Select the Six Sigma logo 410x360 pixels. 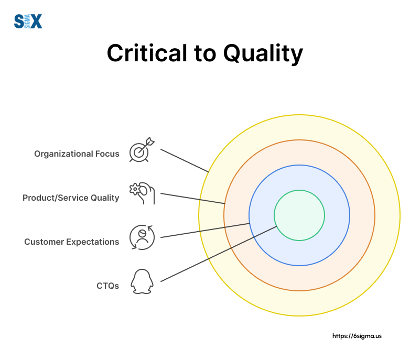(x=28, y=21)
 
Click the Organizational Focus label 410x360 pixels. (x=77, y=154)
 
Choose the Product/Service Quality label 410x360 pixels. (x=71, y=198)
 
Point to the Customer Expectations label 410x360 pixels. (x=72, y=242)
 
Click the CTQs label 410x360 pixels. (x=107, y=286)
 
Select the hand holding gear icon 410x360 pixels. (x=142, y=193)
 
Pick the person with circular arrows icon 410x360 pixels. (x=142, y=237)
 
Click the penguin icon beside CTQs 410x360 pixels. (x=142, y=281)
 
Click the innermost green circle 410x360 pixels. (x=299, y=215)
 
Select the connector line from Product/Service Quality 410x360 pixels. (x=192, y=199)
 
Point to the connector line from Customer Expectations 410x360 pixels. (x=204, y=231)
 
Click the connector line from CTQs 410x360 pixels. (x=218, y=254)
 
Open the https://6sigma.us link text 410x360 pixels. (x=357, y=336)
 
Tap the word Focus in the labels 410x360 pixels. (x=107, y=154)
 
